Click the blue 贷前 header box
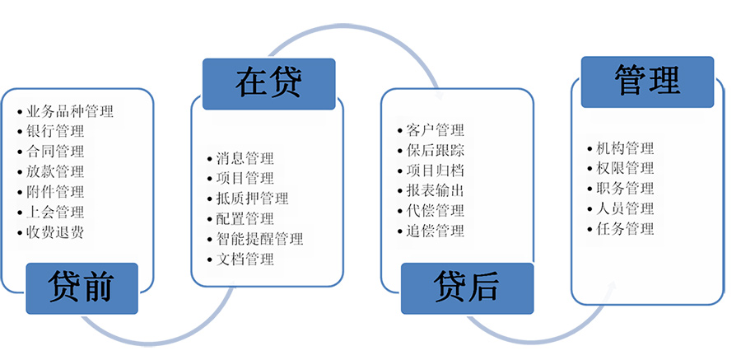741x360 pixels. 82,288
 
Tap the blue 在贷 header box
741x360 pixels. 269,84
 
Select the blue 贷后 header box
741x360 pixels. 467,288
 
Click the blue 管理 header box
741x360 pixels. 647,82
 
